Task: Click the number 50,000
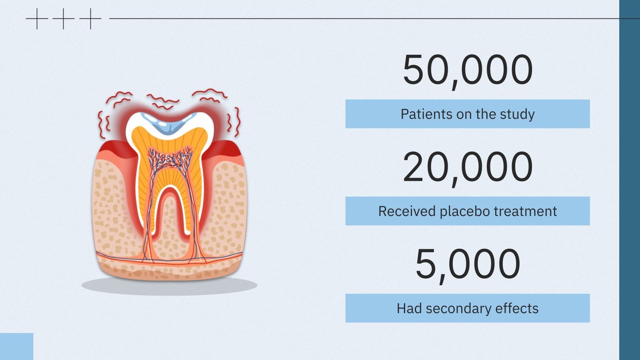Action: click(468, 70)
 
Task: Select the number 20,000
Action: click(468, 167)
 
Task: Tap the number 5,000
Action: click(468, 264)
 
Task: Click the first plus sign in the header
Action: click(37, 18)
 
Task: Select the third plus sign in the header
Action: click(90, 18)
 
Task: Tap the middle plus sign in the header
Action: click(64, 18)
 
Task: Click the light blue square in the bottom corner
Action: click(16, 346)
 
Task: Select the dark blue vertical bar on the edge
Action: click(629, 180)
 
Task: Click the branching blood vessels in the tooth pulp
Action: click(170, 158)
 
